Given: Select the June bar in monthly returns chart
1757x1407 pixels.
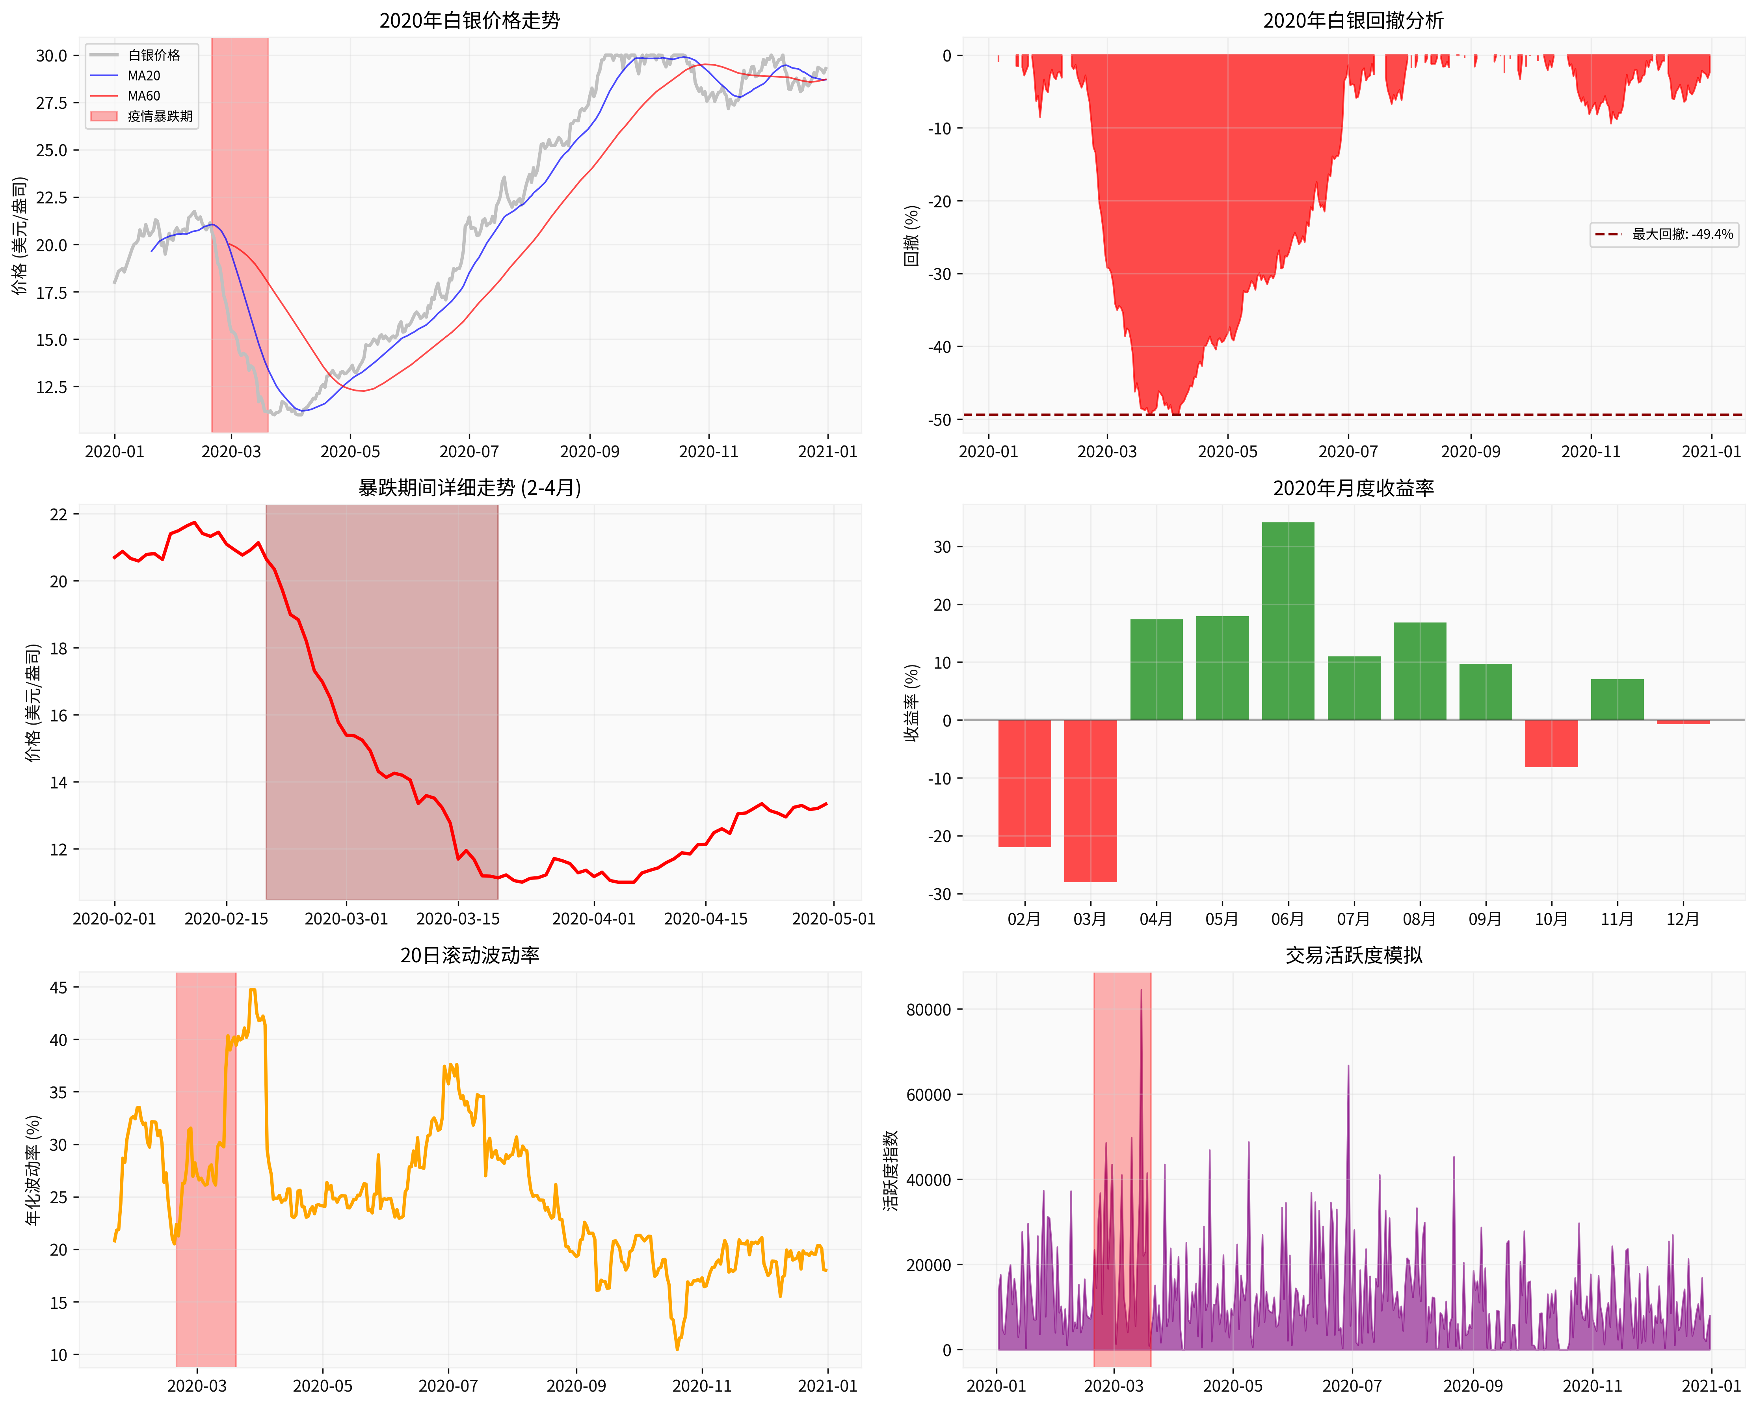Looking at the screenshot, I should [1288, 621].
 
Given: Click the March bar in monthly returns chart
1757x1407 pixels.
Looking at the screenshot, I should [1090, 801].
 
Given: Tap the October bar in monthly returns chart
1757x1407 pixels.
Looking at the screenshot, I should [1551, 744].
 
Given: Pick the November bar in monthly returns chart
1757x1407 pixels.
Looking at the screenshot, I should [1617, 699].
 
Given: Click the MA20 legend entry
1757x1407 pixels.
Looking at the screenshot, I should [143, 76].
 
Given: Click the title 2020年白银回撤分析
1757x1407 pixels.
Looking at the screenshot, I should [1353, 20].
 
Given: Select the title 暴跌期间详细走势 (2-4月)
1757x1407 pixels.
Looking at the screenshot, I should [469, 488].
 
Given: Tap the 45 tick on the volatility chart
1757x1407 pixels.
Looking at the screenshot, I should [59, 987].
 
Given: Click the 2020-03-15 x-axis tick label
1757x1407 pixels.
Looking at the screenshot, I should [458, 919].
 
